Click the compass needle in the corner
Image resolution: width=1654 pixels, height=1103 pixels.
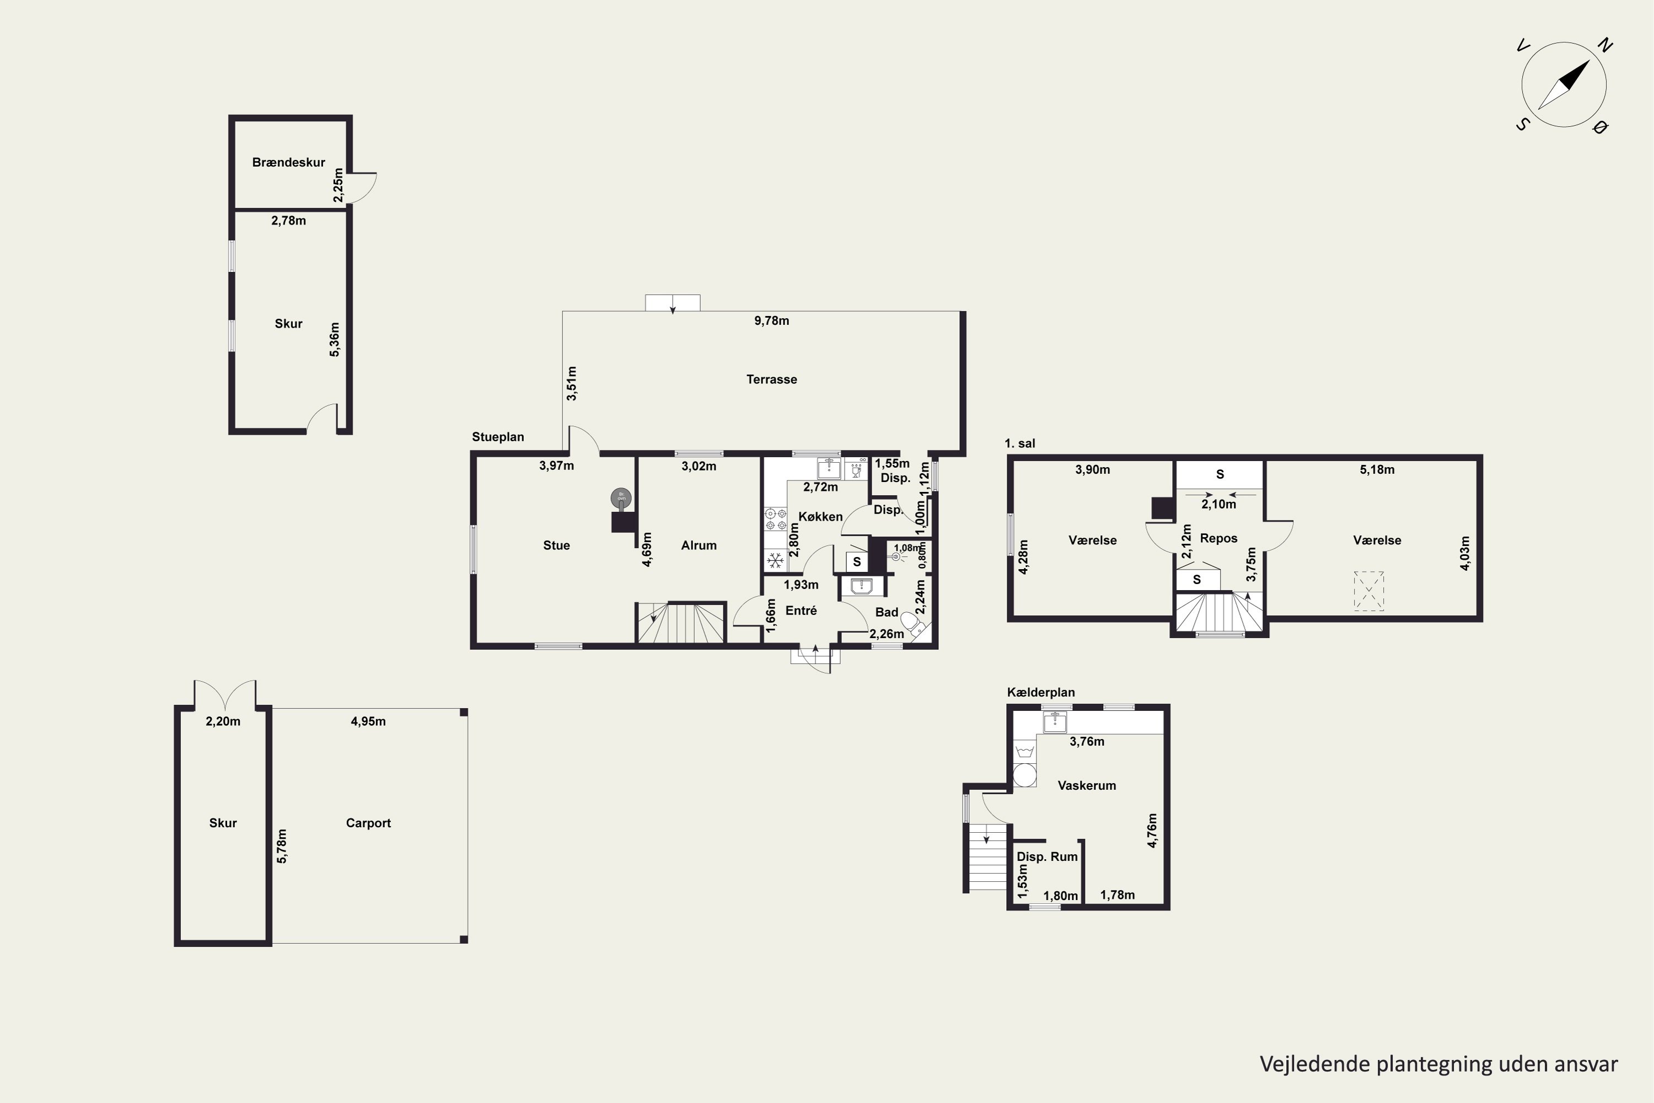(1564, 84)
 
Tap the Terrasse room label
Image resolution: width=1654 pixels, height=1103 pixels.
(771, 379)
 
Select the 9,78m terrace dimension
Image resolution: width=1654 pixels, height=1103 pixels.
(771, 321)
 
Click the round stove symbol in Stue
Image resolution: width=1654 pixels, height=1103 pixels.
(621, 498)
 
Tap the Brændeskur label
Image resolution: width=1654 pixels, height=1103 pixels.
(288, 163)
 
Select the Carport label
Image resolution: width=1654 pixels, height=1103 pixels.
(368, 823)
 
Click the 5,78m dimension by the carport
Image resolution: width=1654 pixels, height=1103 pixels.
(282, 846)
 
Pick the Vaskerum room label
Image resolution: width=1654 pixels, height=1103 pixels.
(1087, 786)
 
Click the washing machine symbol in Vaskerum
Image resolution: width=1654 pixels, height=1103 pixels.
(1024, 776)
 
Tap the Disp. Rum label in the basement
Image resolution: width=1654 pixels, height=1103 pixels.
(1047, 857)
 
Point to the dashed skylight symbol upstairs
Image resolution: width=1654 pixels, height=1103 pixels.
(1368, 591)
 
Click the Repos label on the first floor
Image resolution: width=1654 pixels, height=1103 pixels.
(1218, 538)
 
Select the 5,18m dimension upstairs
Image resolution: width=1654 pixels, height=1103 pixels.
(1377, 470)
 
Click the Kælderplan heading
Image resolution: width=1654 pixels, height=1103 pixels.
(1041, 692)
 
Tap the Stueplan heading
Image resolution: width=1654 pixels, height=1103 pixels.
(498, 437)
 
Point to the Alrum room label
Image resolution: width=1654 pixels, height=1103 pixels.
(699, 545)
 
